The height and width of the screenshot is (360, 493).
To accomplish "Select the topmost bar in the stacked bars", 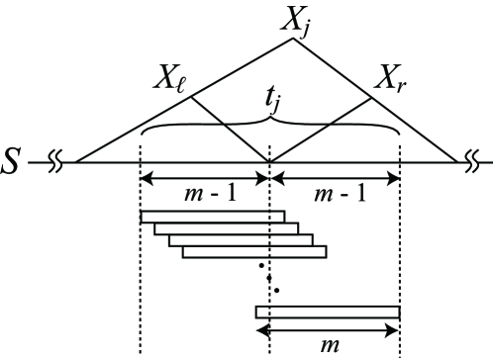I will [x=213, y=216].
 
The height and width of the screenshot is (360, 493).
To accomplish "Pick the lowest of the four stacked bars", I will [x=254, y=252].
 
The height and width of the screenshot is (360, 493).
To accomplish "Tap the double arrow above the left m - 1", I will [x=205, y=179].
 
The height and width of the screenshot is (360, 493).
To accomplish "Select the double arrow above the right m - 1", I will [x=335, y=179].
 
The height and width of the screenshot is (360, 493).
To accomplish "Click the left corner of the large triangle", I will [x=76, y=160].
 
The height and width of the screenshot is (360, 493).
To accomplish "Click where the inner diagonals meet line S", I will [x=269, y=160].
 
